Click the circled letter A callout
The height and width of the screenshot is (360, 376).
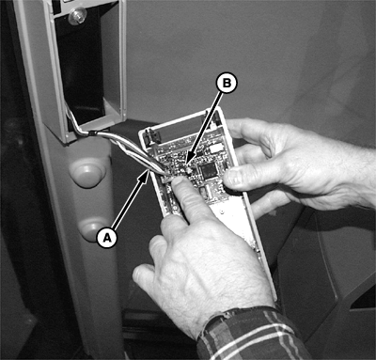tap(107, 238)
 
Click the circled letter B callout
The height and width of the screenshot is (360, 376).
tap(227, 84)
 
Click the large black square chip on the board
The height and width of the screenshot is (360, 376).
tap(208, 171)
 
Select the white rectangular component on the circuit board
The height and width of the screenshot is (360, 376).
tap(216, 148)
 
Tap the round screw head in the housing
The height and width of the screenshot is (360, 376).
tap(76, 16)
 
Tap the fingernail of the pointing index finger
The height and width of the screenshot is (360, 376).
tap(178, 181)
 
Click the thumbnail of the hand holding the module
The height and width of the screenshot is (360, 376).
tap(233, 178)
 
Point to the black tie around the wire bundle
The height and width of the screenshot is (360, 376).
tap(91, 133)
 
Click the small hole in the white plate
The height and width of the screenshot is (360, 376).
tap(223, 212)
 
